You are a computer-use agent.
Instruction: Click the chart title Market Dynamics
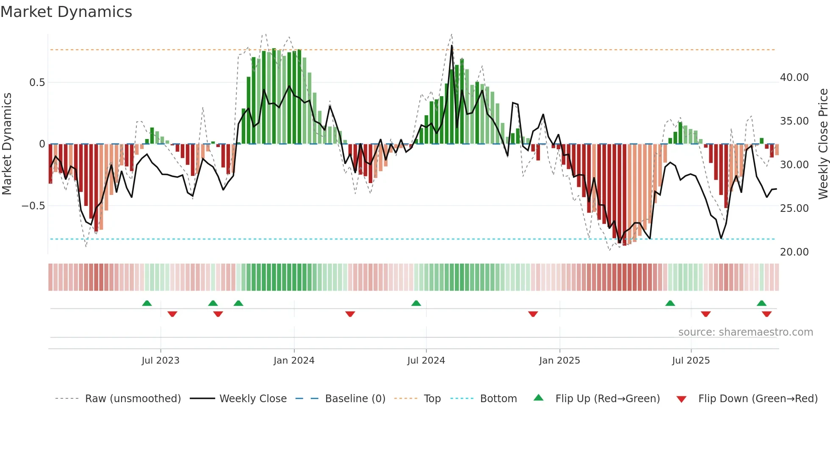coord(66,12)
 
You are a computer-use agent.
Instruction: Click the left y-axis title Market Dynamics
coord(7,144)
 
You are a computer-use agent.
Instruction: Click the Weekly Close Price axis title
coord(823,144)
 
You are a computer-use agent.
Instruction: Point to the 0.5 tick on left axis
coord(37,83)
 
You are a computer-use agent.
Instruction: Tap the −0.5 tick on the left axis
coord(33,206)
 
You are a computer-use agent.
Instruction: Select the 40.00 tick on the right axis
coord(794,78)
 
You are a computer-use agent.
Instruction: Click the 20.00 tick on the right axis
coord(794,252)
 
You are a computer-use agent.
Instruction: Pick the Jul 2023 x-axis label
coord(160,361)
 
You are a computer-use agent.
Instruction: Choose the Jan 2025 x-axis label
coord(559,361)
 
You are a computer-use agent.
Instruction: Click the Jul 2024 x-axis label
coord(426,361)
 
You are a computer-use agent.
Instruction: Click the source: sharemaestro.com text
coord(745,332)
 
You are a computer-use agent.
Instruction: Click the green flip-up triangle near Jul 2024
coord(416,303)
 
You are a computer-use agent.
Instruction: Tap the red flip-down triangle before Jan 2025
coord(533,314)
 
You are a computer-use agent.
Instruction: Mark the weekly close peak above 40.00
coord(452,46)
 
